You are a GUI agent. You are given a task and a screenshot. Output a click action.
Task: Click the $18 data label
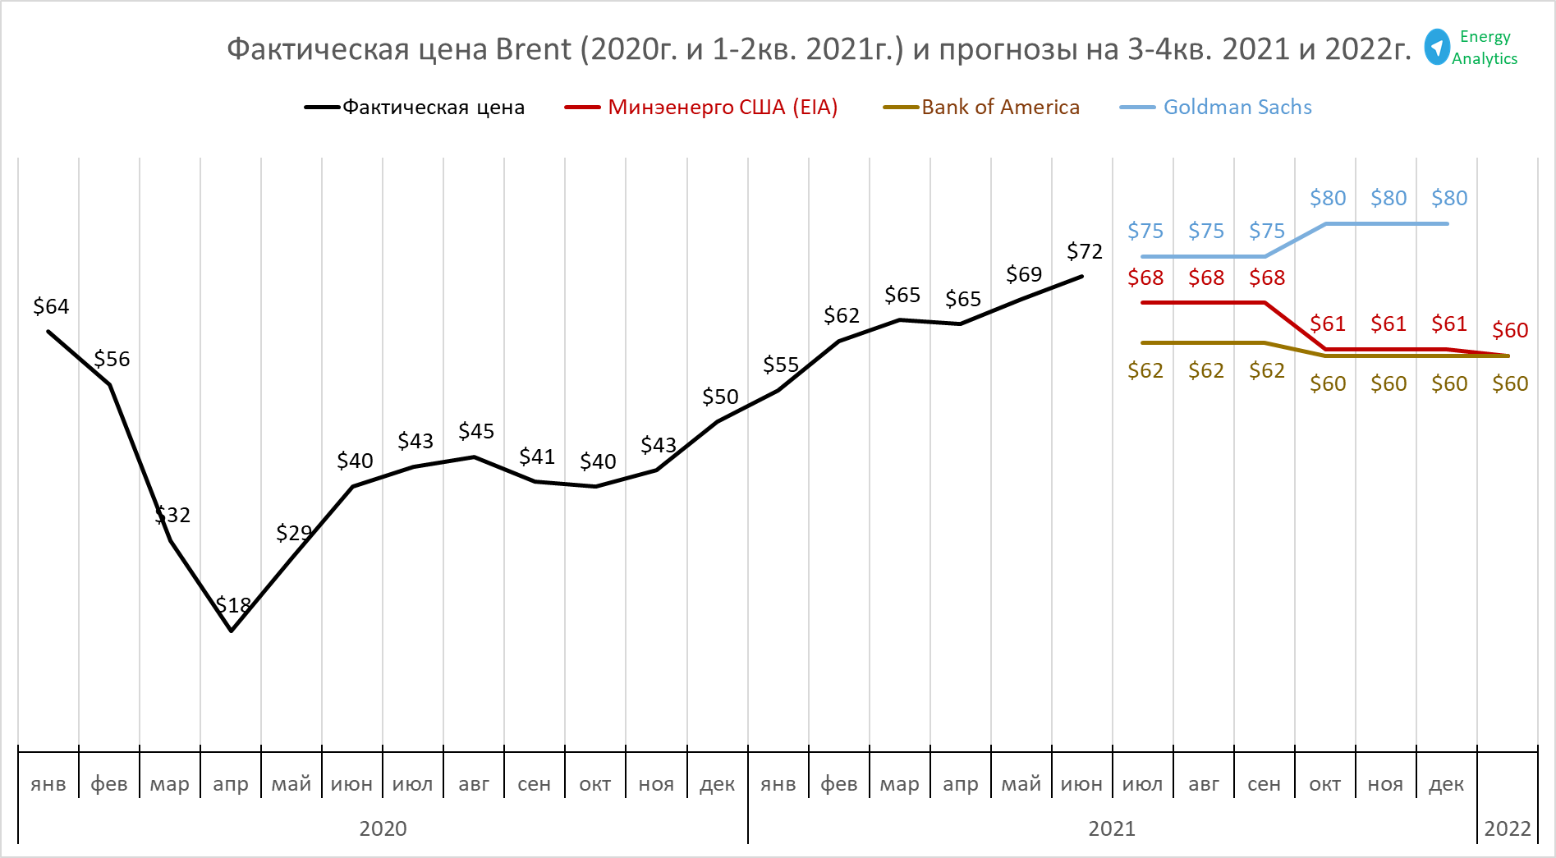(233, 606)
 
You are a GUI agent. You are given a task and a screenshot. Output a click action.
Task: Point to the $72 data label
(1084, 251)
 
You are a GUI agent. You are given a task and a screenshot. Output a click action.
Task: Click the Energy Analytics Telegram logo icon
(1437, 47)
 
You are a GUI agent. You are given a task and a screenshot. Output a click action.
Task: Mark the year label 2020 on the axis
(383, 828)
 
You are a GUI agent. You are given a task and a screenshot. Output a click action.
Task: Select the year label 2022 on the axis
(1507, 828)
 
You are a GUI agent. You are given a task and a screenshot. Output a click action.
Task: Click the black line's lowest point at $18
(232, 631)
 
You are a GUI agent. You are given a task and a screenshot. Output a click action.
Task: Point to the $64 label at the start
(51, 307)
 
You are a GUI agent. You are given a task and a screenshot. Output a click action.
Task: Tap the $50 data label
(720, 397)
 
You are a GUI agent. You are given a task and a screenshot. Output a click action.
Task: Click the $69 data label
(1024, 274)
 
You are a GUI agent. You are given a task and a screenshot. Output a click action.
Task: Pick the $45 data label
(476, 432)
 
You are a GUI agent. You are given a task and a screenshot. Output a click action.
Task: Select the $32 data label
(172, 516)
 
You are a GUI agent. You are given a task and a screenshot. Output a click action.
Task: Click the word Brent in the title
(533, 50)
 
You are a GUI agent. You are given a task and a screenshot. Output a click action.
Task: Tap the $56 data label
(112, 360)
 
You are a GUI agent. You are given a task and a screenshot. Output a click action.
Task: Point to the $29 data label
(294, 534)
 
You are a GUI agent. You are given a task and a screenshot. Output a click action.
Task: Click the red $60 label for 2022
(1510, 331)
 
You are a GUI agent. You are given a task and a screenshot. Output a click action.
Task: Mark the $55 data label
(781, 365)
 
